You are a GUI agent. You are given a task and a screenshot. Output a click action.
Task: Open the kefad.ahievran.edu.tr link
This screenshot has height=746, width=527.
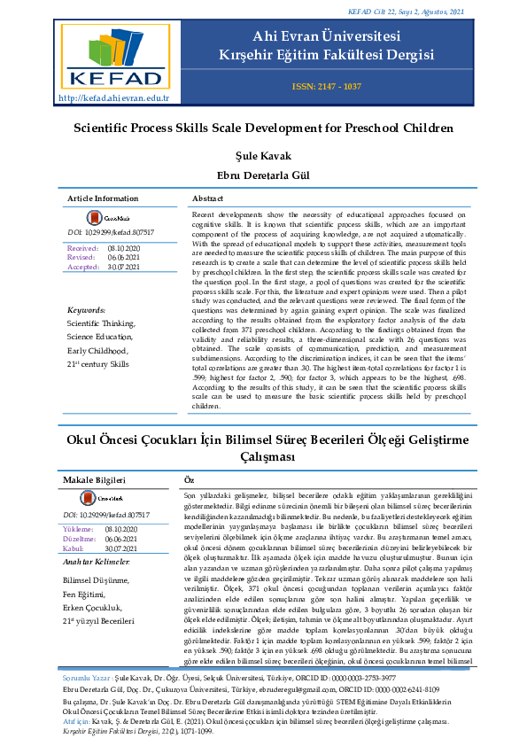click(113, 97)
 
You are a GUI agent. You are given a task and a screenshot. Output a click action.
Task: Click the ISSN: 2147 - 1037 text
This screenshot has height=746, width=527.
click(326, 86)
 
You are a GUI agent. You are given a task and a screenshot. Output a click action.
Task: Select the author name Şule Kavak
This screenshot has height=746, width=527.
click(263, 156)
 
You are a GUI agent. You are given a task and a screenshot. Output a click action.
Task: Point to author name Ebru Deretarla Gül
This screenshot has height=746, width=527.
click(263, 175)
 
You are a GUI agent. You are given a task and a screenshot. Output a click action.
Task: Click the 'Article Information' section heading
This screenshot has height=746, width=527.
click(103, 198)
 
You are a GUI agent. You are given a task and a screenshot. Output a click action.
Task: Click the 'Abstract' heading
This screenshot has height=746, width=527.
click(207, 198)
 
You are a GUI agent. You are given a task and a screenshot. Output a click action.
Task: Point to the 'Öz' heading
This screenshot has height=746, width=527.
click(188, 479)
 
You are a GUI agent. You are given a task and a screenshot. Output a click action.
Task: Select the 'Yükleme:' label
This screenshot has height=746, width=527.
click(79, 529)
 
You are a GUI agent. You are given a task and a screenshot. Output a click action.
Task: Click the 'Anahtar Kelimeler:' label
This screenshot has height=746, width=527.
click(97, 563)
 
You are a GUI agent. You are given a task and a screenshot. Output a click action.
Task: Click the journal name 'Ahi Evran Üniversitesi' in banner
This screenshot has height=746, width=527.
click(326, 37)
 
